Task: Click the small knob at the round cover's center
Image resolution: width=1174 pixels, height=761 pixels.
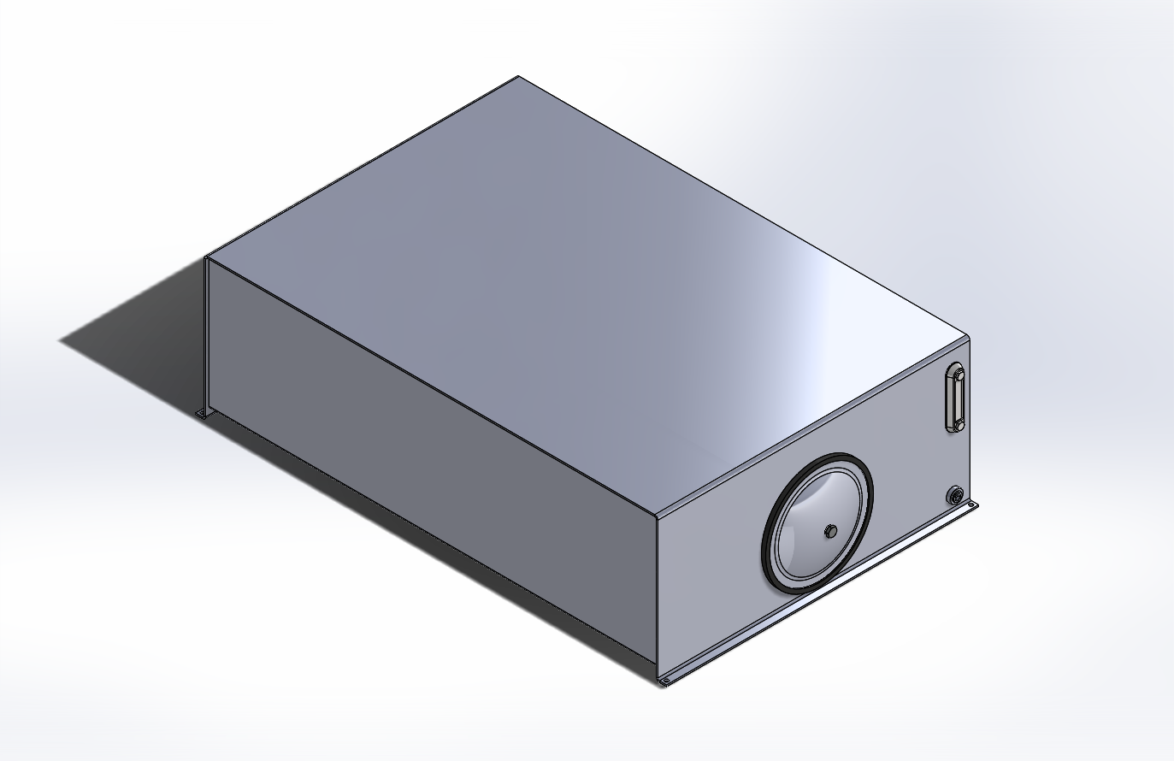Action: click(829, 532)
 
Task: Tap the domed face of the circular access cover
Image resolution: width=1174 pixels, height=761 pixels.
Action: click(808, 513)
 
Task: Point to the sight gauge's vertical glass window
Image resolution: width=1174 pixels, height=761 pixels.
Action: click(956, 398)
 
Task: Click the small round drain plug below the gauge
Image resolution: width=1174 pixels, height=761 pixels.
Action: click(955, 494)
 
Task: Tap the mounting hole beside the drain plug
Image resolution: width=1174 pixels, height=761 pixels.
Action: click(970, 507)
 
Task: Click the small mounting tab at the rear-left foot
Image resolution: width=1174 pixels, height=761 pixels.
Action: click(203, 415)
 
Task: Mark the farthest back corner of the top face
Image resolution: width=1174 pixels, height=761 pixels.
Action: click(518, 77)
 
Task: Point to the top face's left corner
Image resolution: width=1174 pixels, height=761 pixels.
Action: click(208, 257)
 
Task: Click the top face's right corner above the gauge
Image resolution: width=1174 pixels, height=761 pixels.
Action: click(967, 336)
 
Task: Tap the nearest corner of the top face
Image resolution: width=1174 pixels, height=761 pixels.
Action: click(657, 516)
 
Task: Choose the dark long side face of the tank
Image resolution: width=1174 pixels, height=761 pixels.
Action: click(428, 445)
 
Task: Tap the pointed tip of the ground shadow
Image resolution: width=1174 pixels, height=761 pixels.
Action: click(60, 342)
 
